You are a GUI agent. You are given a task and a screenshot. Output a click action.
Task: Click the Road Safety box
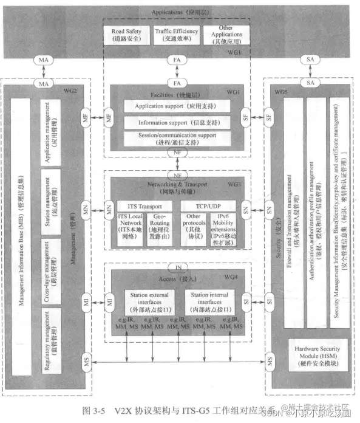tap(126, 34)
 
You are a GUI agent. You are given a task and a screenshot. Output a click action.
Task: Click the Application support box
tap(177, 106)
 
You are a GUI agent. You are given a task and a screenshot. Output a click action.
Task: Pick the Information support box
tap(177, 123)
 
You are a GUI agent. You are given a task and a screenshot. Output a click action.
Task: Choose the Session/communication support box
tap(177, 139)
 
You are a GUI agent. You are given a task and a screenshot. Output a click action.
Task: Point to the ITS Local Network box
tap(130, 226)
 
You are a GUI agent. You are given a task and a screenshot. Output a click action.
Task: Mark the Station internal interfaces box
tap(208, 300)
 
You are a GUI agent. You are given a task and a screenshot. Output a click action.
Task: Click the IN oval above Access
tap(178, 267)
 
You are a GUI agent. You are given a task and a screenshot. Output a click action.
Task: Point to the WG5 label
tap(281, 91)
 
